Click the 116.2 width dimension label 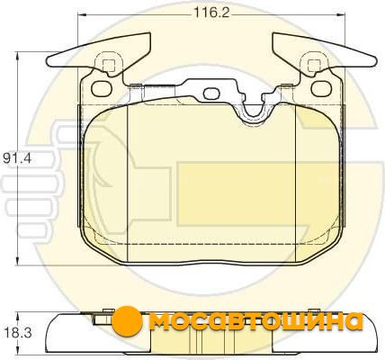[x=211, y=13]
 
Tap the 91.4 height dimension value [x=17, y=158]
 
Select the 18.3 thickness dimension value [x=18, y=333]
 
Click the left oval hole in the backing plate [x=101, y=88]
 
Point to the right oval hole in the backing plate [x=322, y=88]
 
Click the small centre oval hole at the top [x=210, y=94]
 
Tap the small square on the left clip [x=109, y=66]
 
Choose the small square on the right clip [x=314, y=66]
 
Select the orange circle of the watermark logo [x=128, y=320]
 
